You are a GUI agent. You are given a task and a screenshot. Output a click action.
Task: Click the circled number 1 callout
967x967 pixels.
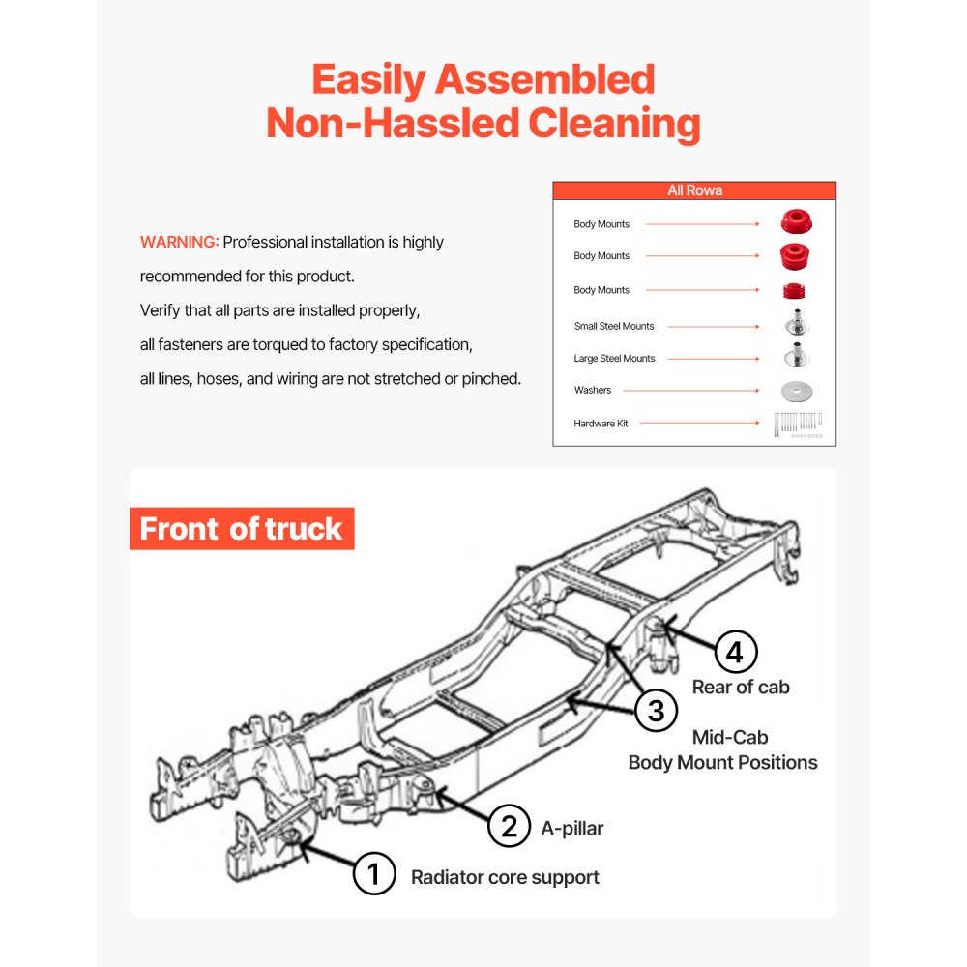click(x=374, y=875)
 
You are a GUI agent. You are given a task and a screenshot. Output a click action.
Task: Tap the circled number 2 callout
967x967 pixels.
click(x=509, y=827)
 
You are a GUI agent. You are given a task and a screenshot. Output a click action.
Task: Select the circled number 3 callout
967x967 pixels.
click(x=657, y=712)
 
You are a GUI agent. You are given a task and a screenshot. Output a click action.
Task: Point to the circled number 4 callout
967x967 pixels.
click(x=735, y=653)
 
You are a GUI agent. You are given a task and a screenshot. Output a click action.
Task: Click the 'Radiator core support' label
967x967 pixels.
click(x=505, y=877)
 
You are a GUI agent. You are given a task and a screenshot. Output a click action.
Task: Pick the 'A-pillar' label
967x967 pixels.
click(x=573, y=828)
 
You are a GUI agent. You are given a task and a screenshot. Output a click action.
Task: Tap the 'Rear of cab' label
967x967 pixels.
click(x=741, y=688)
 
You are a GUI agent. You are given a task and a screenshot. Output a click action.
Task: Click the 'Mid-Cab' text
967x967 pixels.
click(x=730, y=738)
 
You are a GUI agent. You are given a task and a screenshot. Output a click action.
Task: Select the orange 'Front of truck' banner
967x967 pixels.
click(x=242, y=529)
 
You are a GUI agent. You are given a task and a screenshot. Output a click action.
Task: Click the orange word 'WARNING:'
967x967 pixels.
click(x=180, y=242)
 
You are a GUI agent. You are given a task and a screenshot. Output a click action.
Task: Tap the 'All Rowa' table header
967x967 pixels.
click(x=694, y=190)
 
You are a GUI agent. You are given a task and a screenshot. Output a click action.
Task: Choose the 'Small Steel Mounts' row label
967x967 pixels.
click(x=614, y=326)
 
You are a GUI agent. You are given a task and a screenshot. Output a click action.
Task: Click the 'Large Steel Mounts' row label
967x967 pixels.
click(x=614, y=358)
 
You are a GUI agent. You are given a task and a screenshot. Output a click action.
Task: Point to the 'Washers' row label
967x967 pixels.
click(x=593, y=390)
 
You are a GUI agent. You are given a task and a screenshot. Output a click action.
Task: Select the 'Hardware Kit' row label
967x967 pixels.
click(x=601, y=423)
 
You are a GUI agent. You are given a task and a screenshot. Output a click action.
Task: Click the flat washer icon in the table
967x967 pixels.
click(x=797, y=392)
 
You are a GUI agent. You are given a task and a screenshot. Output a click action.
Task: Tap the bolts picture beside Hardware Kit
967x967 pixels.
click(x=798, y=424)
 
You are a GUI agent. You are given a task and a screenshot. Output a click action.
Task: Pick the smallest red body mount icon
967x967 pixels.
click(x=795, y=290)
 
